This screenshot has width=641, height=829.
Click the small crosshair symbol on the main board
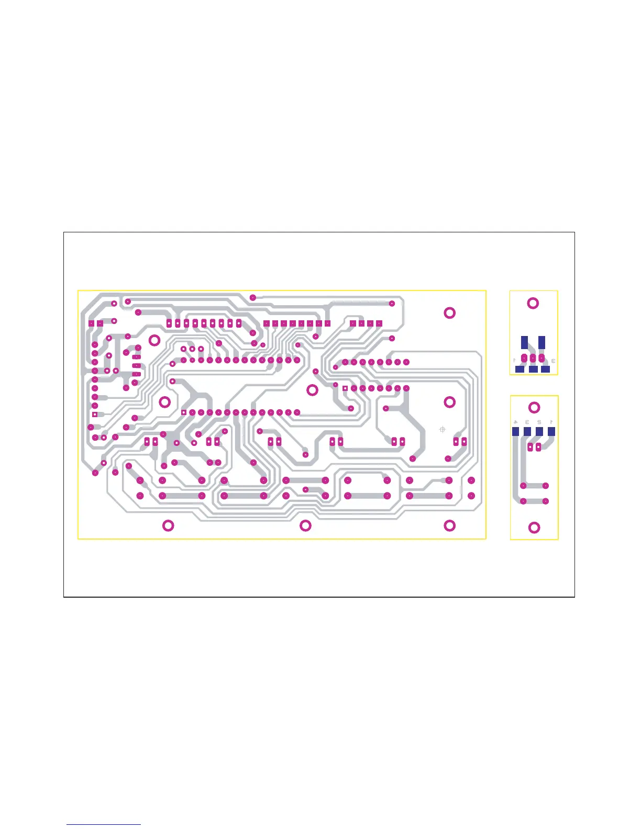tap(443, 430)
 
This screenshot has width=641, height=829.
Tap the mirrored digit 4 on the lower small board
tap(516, 422)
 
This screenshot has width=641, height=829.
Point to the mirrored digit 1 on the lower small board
tap(551, 422)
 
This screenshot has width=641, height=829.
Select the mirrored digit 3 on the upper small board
tap(553, 361)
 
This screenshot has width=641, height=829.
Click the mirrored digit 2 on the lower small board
tap(539, 422)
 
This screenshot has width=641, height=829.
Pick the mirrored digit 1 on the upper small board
tap(515, 361)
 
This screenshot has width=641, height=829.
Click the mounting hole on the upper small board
tap(533, 303)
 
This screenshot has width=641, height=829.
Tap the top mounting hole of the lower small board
tap(534, 408)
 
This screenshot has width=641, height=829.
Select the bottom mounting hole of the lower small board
tap(534, 528)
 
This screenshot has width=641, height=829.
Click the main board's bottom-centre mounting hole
tap(305, 526)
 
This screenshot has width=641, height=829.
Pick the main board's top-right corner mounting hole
tap(449, 313)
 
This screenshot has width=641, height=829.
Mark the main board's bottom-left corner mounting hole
tap(168, 526)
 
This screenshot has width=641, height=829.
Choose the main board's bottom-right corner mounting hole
tap(449, 526)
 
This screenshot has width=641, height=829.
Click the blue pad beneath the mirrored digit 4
tap(515, 432)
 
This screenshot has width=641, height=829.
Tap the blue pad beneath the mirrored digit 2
tap(539, 432)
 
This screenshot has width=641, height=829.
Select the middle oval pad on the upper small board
tap(533, 359)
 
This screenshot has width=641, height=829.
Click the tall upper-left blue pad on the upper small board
tap(525, 342)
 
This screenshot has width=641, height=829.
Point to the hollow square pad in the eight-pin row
tap(345, 388)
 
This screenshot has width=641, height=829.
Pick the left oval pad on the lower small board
tap(530, 447)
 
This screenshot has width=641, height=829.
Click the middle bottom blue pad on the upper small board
tap(533, 369)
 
